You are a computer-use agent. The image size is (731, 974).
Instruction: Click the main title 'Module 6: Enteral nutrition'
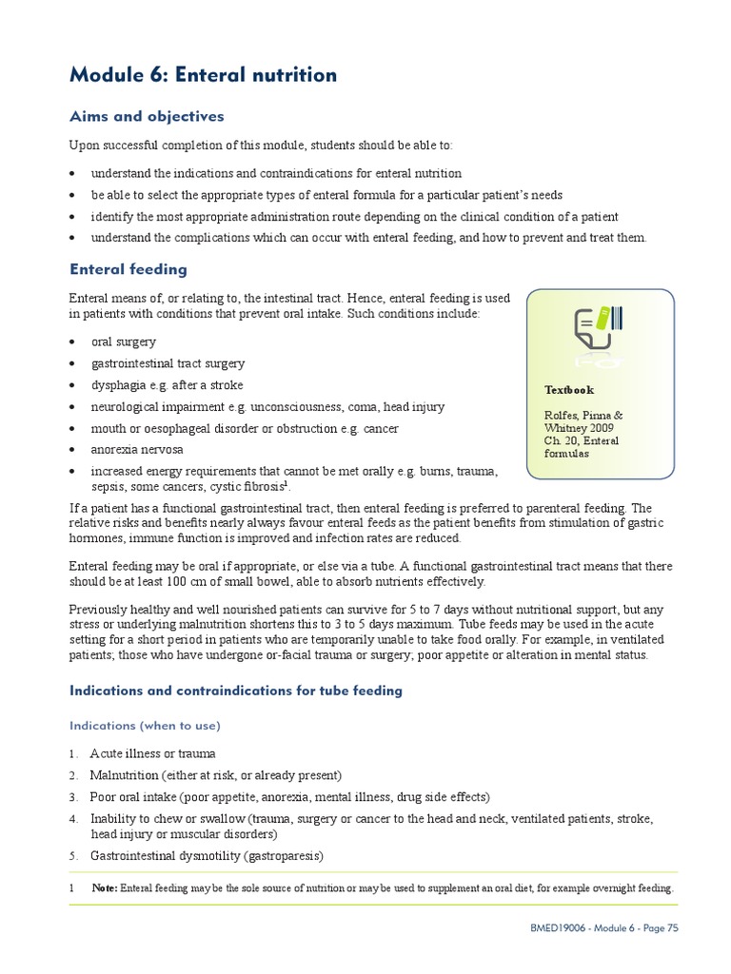[203, 75]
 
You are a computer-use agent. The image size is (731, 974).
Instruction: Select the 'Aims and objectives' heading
[147, 117]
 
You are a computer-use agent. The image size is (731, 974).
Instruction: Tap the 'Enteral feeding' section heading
[128, 270]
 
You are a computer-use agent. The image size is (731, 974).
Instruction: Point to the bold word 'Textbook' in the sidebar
[569, 390]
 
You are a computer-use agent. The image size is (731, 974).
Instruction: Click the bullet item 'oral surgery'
[124, 341]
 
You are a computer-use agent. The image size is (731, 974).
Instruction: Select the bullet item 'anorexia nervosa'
[137, 450]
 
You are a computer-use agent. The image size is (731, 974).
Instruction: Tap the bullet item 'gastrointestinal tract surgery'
[168, 363]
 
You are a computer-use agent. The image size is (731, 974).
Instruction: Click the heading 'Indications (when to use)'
[145, 726]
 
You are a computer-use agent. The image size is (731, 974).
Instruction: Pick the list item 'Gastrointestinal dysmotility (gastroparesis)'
[207, 856]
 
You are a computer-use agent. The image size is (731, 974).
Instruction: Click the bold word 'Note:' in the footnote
[105, 888]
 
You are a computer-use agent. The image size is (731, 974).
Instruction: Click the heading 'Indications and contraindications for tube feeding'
[236, 691]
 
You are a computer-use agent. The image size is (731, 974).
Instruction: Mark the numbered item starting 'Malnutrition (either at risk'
[215, 775]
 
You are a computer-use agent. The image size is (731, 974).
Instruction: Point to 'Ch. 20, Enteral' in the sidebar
[582, 440]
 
